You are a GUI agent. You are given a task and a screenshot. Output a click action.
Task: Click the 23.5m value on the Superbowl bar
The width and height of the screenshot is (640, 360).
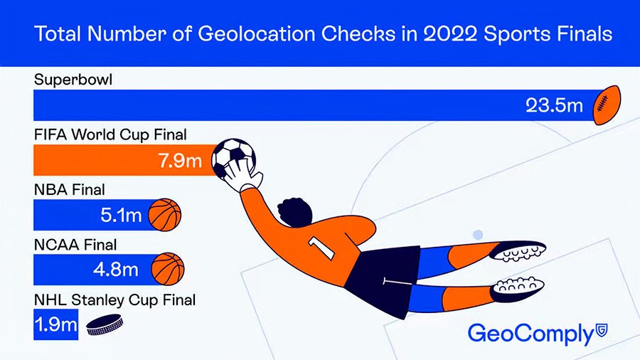[x=554, y=106]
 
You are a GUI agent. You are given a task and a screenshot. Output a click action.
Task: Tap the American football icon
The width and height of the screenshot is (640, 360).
[x=607, y=105]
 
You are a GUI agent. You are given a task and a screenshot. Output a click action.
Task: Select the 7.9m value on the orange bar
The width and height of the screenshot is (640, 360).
[x=180, y=160]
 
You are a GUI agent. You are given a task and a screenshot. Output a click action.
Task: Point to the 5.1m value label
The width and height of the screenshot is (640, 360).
[x=121, y=215]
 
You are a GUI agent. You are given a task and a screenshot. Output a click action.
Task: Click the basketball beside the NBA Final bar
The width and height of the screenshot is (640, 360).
[x=164, y=215]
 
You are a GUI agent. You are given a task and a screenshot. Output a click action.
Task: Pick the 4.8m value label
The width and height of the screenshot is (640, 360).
[x=116, y=270]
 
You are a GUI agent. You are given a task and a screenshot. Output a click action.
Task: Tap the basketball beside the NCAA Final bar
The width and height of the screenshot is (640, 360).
[x=168, y=269]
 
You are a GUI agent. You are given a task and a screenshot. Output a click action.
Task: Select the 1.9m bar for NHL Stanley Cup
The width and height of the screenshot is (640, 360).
[x=56, y=324]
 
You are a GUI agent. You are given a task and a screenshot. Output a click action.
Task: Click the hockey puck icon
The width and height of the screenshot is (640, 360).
[x=105, y=325]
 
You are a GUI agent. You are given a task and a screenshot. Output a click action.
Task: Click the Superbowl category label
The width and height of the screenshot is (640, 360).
[x=73, y=80]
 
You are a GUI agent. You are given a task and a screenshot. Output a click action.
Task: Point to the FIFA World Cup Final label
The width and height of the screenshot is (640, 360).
[x=110, y=134]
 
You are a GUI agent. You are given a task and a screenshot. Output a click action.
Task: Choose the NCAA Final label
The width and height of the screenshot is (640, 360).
[x=75, y=245]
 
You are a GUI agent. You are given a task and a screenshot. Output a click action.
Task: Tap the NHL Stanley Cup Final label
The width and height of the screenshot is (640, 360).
[x=114, y=300]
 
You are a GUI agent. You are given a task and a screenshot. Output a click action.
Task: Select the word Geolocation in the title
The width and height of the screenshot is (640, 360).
[x=256, y=34]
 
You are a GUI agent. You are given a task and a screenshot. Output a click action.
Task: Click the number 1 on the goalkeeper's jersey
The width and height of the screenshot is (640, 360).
[x=321, y=248]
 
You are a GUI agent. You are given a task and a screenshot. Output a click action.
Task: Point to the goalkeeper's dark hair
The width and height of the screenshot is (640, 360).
[x=294, y=212]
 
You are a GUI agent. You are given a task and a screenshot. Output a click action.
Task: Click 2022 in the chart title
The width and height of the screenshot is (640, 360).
[x=450, y=34]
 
